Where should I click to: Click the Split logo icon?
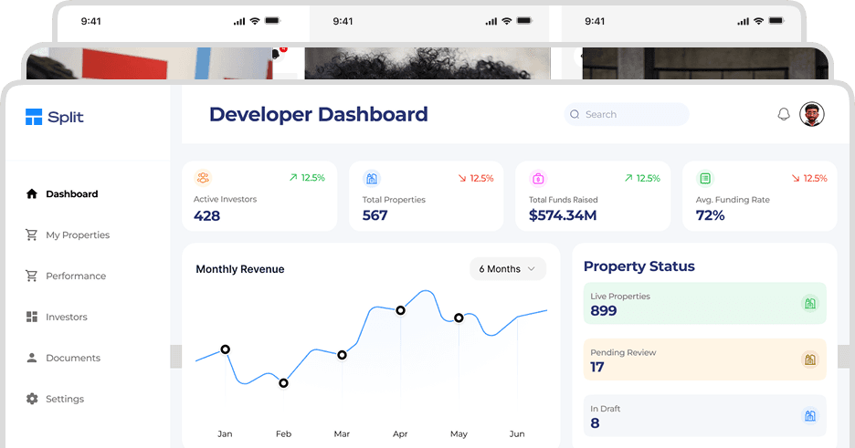(x=34, y=117)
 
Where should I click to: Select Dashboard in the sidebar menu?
(x=71, y=193)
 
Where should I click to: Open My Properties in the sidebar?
(x=77, y=234)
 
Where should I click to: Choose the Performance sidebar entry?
(x=75, y=276)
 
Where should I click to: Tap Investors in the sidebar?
(x=66, y=317)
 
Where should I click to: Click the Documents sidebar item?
(x=72, y=358)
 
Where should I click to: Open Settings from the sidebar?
(x=64, y=399)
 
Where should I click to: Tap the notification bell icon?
(x=783, y=114)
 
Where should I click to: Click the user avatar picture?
(x=812, y=114)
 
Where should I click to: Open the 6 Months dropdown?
(x=507, y=269)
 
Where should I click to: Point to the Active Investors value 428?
(x=207, y=215)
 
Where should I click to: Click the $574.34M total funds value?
(x=563, y=215)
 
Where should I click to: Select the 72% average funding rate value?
(x=710, y=215)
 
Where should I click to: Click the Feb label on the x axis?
(x=283, y=433)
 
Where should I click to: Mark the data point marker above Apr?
(x=400, y=310)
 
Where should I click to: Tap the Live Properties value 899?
(x=604, y=310)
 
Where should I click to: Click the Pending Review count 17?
(x=597, y=367)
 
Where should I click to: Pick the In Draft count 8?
(x=596, y=422)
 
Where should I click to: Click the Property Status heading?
(x=639, y=266)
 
